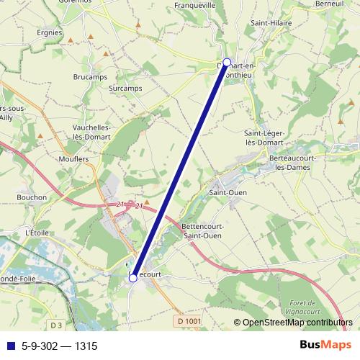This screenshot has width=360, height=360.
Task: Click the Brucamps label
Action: [x=89, y=76]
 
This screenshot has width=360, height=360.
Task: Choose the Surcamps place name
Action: [x=125, y=89]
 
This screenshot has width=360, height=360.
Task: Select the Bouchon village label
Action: [x=32, y=197]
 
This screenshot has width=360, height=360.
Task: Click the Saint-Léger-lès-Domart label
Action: [x=264, y=138]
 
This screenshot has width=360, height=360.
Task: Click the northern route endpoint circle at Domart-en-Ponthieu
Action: [x=227, y=62]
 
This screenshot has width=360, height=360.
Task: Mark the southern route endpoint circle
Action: [x=133, y=277]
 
